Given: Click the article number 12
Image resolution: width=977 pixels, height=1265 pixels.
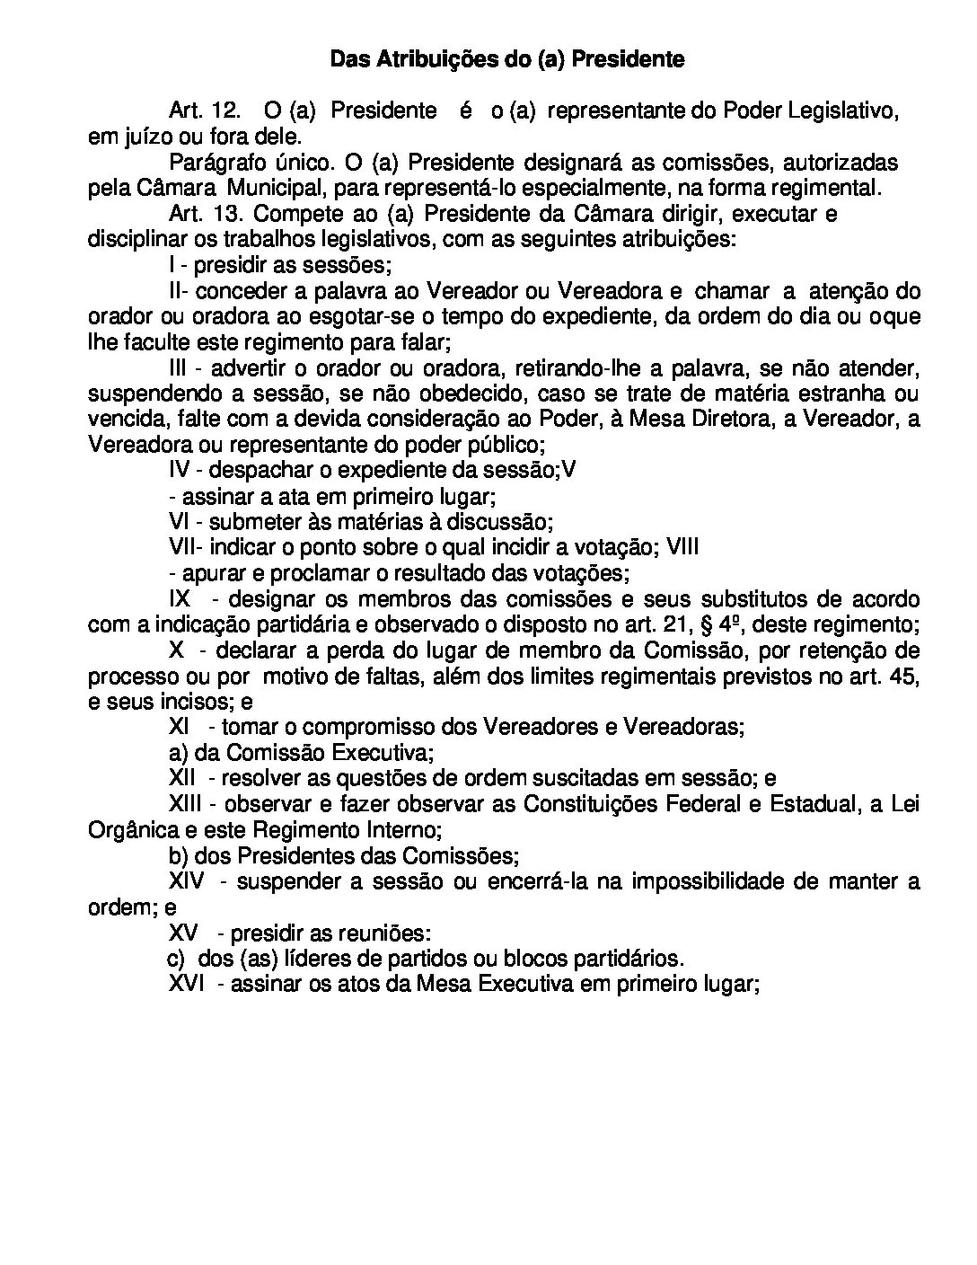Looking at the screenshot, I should point(224,111).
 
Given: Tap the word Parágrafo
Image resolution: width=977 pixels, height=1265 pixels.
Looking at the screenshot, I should point(211,163).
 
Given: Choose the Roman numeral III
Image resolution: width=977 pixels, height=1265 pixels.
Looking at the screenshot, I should point(179,368).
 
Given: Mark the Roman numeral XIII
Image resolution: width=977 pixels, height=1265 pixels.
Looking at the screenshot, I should point(187,803).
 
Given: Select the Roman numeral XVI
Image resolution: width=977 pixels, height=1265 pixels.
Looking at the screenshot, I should point(187,983).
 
